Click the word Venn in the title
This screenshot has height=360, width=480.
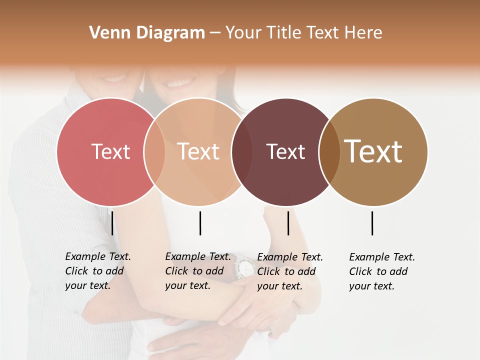105,33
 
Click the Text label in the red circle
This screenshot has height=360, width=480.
110,151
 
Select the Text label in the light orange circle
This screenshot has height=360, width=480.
198,151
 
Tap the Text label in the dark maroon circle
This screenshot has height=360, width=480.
285,151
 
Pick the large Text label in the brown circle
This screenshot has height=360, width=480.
373,151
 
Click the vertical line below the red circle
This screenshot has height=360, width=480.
112,223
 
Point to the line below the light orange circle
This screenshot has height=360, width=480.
200,223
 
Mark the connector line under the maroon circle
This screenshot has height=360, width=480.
288,223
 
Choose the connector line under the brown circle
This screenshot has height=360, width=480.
372,223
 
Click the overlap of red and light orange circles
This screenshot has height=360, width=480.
154,151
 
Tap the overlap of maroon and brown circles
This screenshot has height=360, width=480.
329,151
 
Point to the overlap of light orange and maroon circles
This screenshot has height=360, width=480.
242,151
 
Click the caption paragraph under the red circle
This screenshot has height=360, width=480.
97,271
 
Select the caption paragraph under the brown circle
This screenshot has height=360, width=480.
381,271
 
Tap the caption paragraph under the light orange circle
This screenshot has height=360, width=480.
197,271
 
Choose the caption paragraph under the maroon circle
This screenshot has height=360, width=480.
289,271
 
